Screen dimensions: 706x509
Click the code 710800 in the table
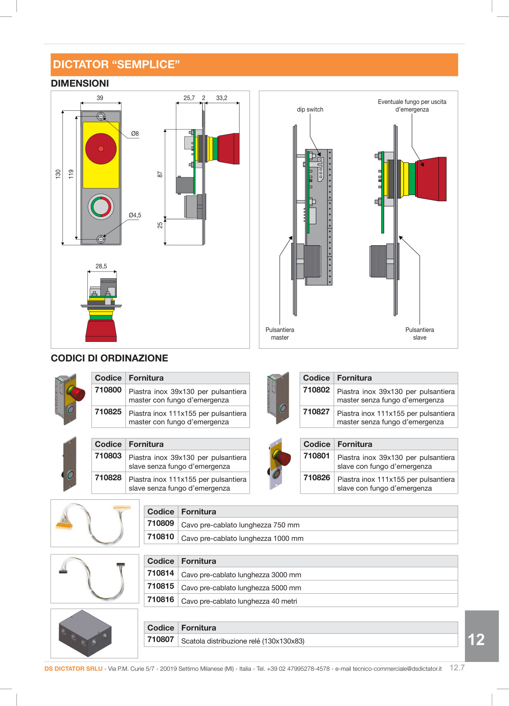(108, 390)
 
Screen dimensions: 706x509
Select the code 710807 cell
(161, 639)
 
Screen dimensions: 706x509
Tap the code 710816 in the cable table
(161, 599)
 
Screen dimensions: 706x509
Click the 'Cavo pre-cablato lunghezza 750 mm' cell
(240, 525)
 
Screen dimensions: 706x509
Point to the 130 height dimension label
(58, 174)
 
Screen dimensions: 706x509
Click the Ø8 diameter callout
(135, 134)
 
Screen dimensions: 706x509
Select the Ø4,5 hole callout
(135, 215)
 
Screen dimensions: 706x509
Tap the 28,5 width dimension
(101, 266)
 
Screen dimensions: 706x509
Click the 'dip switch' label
(310, 110)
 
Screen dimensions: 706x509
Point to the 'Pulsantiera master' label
(280, 333)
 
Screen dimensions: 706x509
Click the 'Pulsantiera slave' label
(420, 333)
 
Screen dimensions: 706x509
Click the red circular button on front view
(101, 149)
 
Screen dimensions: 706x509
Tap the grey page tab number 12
(476, 639)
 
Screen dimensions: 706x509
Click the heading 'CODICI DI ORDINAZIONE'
(110, 358)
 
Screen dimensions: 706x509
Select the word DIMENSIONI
(80, 84)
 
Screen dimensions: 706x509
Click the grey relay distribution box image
(85, 634)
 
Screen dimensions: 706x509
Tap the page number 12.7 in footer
(457, 668)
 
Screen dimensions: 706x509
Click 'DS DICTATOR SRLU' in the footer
(73, 669)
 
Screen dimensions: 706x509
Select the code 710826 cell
(317, 478)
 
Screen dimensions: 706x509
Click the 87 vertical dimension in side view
(160, 174)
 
